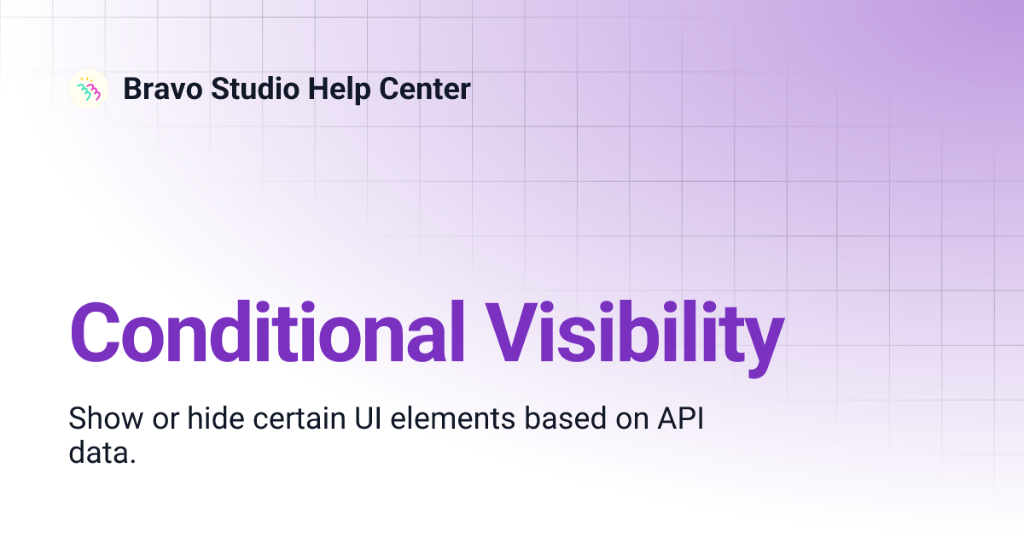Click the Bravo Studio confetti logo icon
click(x=89, y=89)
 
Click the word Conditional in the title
click(x=269, y=331)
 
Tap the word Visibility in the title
click(x=635, y=331)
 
